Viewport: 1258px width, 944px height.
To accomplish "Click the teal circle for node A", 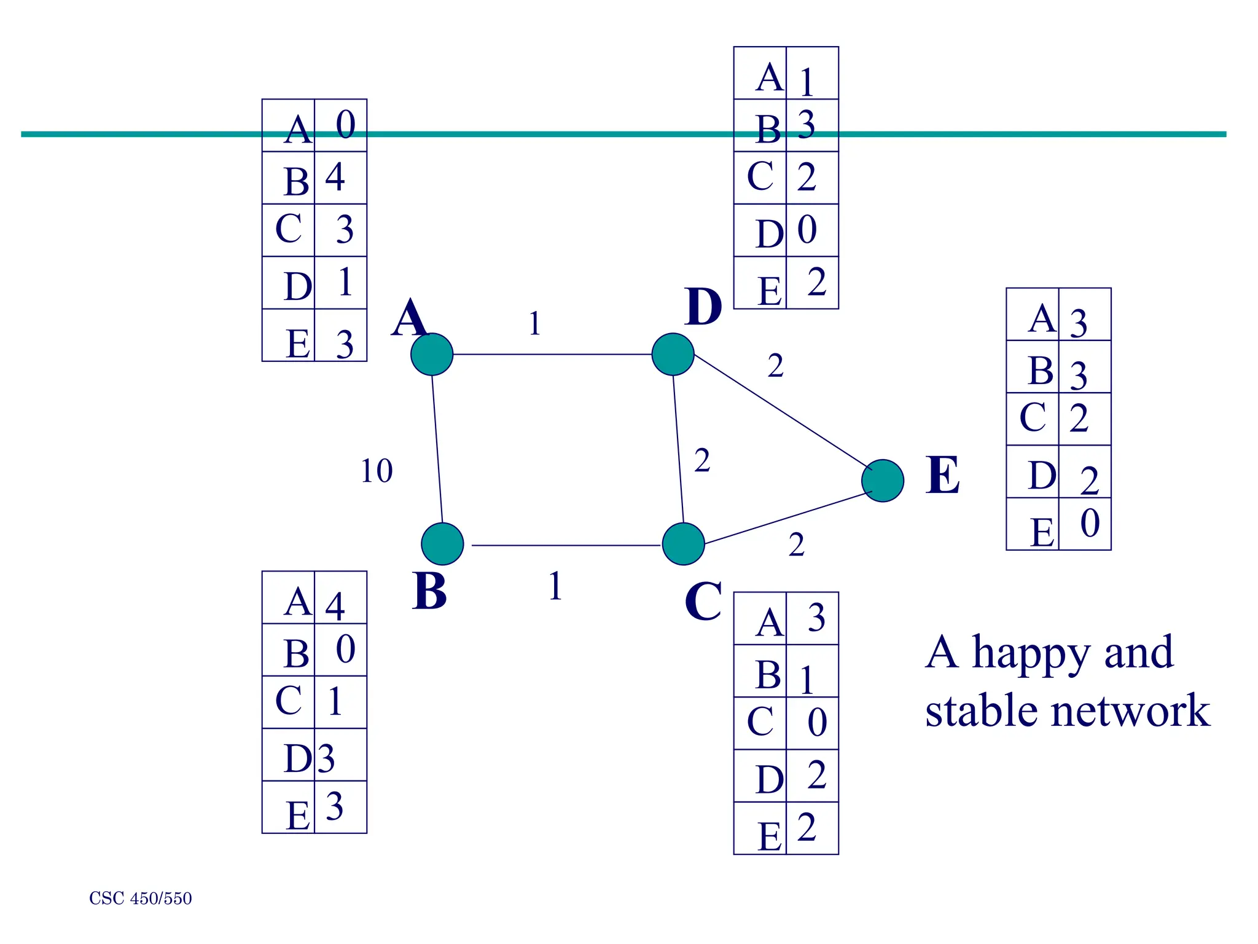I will point(432,355).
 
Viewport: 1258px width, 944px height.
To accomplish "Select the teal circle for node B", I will point(442,544).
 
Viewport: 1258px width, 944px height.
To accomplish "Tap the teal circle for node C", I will point(683,544).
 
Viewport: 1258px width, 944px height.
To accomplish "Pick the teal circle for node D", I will point(673,355).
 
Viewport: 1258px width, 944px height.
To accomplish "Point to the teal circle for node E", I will point(883,481).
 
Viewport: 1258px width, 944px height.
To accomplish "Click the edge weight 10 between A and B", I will point(376,471).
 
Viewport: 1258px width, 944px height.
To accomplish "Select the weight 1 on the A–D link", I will point(534,323).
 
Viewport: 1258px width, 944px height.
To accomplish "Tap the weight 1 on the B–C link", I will point(555,586).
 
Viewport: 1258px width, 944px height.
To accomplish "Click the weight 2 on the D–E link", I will point(775,366).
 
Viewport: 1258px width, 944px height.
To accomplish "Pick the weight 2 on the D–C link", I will point(702,460).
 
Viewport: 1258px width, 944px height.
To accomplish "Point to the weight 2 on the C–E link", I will point(796,545).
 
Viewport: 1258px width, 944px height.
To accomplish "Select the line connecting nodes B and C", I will point(565,545).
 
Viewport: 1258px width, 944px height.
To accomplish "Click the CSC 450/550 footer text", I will point(141,899).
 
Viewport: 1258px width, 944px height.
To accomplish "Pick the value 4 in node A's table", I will point(335,177).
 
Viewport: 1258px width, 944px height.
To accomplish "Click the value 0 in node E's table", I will point(1090,524).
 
